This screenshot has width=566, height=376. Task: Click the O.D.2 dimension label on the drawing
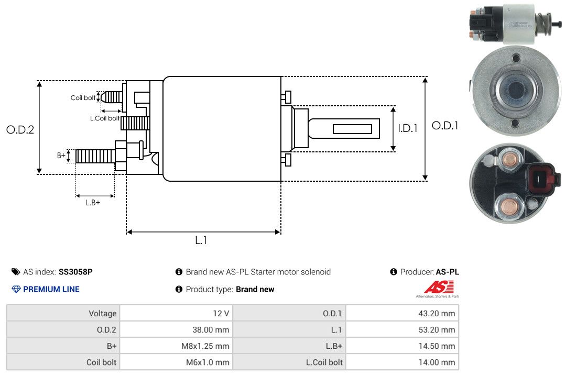click(20, 129)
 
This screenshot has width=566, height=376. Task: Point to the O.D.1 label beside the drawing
click(445, 126)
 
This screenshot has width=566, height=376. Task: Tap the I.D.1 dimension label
click(408, 128)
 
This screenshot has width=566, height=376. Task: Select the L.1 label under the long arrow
click(201, 240)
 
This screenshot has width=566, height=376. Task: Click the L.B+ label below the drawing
click(93, 203)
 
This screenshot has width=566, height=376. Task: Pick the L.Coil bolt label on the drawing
click(105, 118)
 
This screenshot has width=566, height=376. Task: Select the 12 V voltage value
click(221, 314)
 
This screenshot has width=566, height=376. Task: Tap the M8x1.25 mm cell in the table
click(205, 346)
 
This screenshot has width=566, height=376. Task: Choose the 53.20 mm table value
click(437, 330)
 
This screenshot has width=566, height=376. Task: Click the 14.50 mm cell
click(437, 346)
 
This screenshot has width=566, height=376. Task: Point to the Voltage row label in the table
click(103, 314)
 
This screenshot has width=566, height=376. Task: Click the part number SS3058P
click(75, 272)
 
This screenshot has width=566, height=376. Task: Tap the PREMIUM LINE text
click(51, 289)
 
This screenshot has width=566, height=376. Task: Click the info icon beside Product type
click(179, 289)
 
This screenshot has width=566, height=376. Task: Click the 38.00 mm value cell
click(211, 330)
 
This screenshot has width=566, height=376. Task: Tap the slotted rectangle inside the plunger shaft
click(352, 129)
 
